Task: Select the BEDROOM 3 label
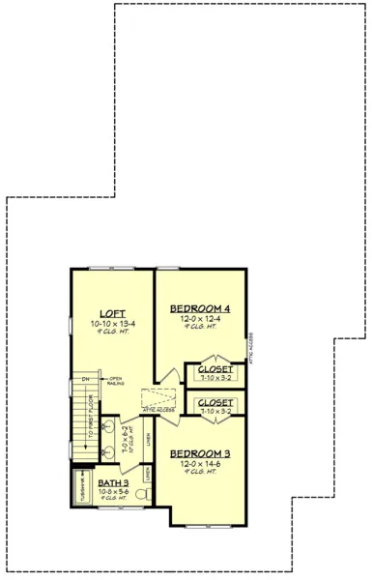point(199,453)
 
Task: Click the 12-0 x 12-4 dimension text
point(201,320)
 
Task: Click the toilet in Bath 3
point(141,494)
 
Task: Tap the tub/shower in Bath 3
point(81,489)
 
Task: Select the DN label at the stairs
point(85,378)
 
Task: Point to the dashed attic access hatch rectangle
point(157,399)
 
